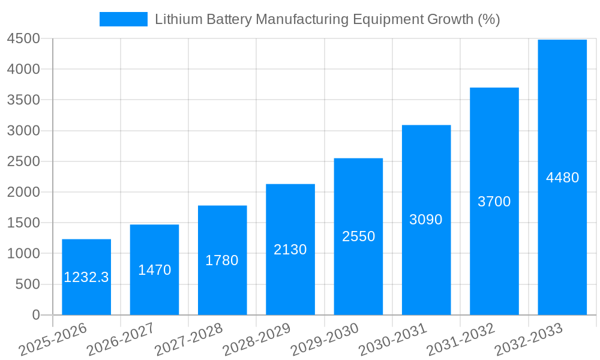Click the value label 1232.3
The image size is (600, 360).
[x=86, y=277]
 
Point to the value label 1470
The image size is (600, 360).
[x=154, y=270]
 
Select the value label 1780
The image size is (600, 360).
[x=222, y=260]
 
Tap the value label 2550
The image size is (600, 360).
[x=358, y=236]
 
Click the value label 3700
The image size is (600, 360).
[x=494, y=202]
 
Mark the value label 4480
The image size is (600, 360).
[x=562, y=178]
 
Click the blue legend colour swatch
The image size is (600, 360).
[x=123, y=19]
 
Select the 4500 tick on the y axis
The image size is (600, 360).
[x=23, y=39]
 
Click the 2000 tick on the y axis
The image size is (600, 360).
[x=23, y=193]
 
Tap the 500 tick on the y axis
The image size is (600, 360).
[x=28, y=284]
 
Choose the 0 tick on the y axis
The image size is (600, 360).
[x=35, y=315]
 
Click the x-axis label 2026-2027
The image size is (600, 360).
[x=120, y=340]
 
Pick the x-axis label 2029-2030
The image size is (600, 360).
[x=325, y=340]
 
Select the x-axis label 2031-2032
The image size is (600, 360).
[x=460, y=340]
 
